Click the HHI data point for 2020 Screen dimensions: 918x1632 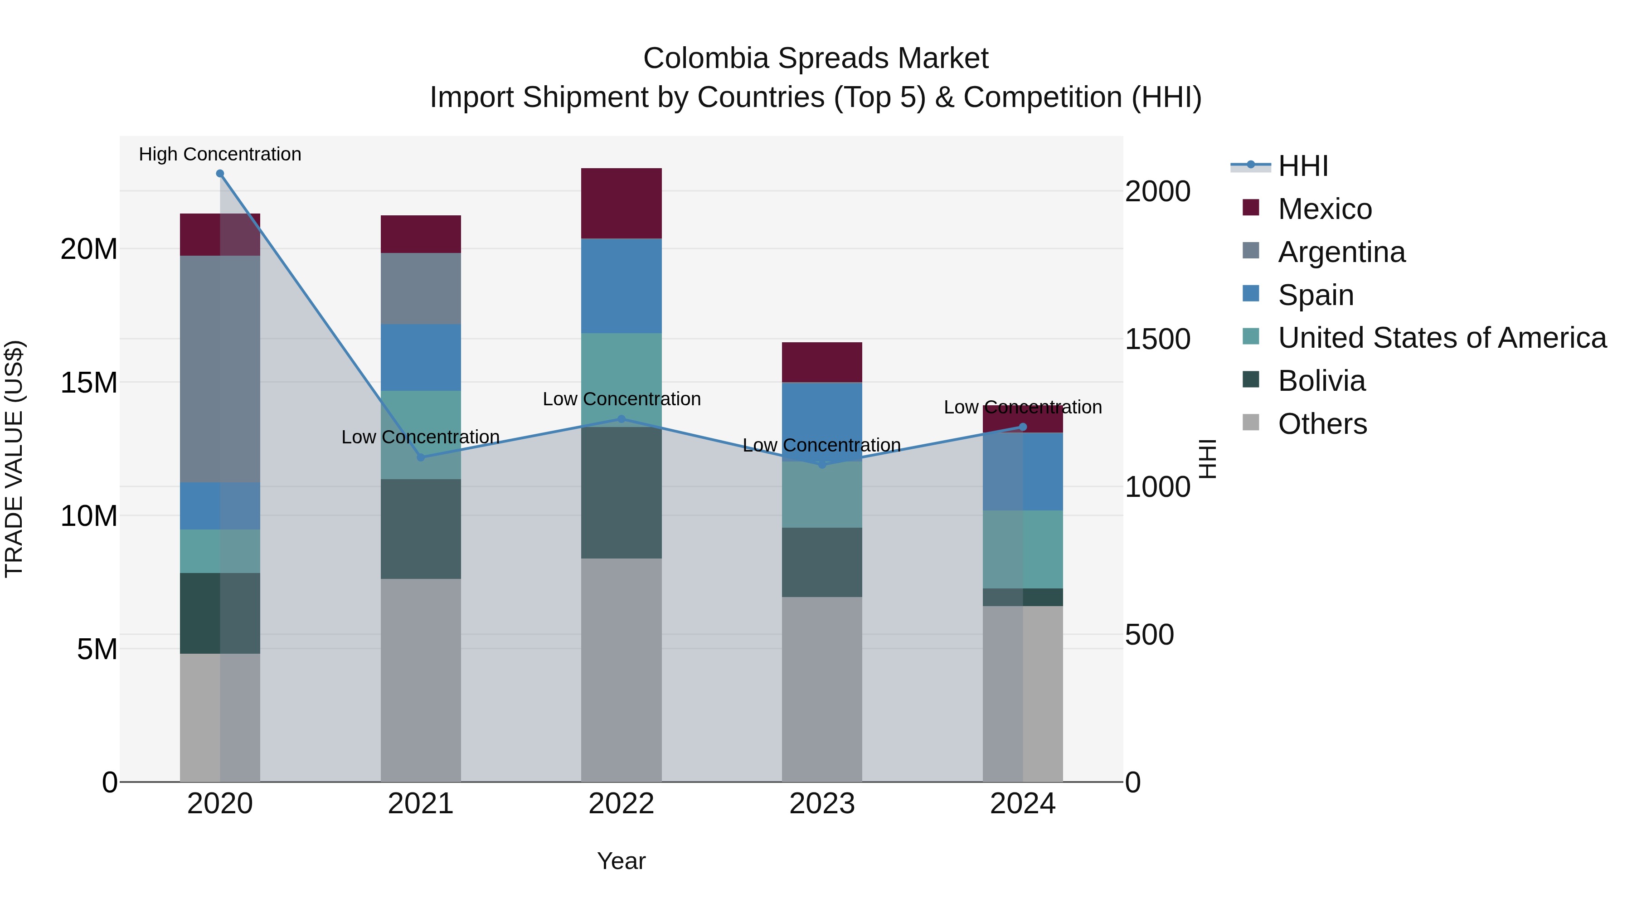(x=220, y=174)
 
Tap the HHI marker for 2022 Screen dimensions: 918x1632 (x=621, y=419)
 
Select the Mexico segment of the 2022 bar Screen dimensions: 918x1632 (x=621, y=204)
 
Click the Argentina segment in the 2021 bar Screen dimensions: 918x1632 (x=421, y=288)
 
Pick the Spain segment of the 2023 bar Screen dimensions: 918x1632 (x=822, y=418)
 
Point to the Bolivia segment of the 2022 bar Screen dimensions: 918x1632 (x=621, y=492)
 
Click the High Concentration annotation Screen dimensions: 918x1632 (x=220, y=154)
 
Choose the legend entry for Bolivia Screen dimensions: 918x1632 (x=1321, y=381)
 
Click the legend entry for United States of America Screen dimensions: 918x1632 (x=1442, y=338)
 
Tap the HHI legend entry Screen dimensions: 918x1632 (x=1302, y=166)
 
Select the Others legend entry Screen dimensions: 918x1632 (x=1322, y=424)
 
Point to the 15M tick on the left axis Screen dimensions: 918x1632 (x=89, y=383)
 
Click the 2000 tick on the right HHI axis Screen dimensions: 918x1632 (x=1157, y=191)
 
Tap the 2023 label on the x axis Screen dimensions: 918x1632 (x=822, y=804)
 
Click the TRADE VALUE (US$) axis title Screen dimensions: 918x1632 (x=14, y=459)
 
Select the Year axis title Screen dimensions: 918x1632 (x=621, y=861)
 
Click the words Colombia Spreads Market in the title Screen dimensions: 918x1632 (x=816, y=58)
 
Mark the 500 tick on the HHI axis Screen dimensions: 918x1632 (x=1149, y=635)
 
